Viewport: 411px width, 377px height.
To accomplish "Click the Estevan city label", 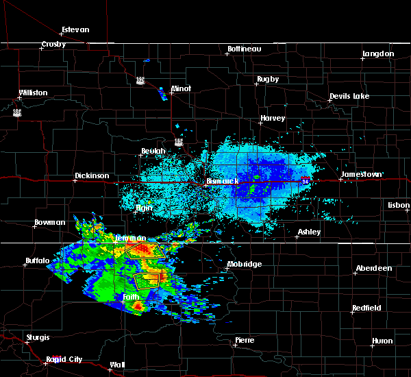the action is pyautogui.click(x=75, y=30).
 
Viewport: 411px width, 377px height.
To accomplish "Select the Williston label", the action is pyautogui.click(x=33, y=93).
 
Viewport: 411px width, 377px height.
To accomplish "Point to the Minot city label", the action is pyautogui.click(x=182, y=89).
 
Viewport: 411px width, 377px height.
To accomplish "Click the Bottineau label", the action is pyautogui.click(x=245, y=49).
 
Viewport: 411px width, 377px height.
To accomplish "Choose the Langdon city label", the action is pyautogui.click(x=378, y=53).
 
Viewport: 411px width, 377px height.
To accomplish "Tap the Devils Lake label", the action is pyautogui.click(x=349, y=96).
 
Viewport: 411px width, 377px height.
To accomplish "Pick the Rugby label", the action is pyautogui.click(x=268, y=80).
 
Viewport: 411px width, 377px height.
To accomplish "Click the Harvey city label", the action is pyautogui.click(x=272, y=119).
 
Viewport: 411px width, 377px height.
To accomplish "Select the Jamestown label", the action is pyautogui.click(x=361, y=175).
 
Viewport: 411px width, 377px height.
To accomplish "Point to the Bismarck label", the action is pyautogui.click(x=223, y=182).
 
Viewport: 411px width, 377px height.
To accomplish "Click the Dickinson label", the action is pyautogui.click(x=92, y=176).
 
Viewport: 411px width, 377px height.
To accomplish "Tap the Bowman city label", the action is pyautogui.click(x=50, y=223).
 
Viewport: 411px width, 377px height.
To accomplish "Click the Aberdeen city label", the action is pyautogui.click(x=374, y=268).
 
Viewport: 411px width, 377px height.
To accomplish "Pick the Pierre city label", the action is pyautogui.click(x=245, y=340).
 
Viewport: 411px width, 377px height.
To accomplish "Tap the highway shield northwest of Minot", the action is pyautogui.click(x=140, y=80).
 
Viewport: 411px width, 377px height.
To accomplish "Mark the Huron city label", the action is pyautogui.click(x=383, y=341).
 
